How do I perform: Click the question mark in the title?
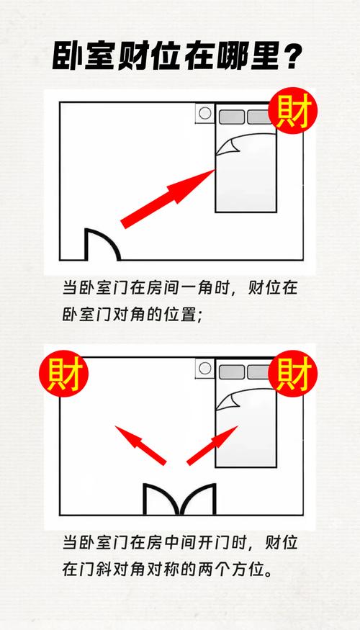(x=292, y=56)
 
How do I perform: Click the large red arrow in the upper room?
(x=168, y=199)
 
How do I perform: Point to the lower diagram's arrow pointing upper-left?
(x=140, y=445)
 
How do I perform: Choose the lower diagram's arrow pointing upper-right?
(x=212, y=445)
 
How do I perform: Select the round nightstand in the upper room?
(x=205, y=113)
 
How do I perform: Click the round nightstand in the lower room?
(x=205, y=369)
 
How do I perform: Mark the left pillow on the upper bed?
(x=232, y=117)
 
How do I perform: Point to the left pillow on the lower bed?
(x=232, y=372)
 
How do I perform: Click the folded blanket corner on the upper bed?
(x=228, y=148)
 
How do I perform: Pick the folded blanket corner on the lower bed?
(x=228, y=402)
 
